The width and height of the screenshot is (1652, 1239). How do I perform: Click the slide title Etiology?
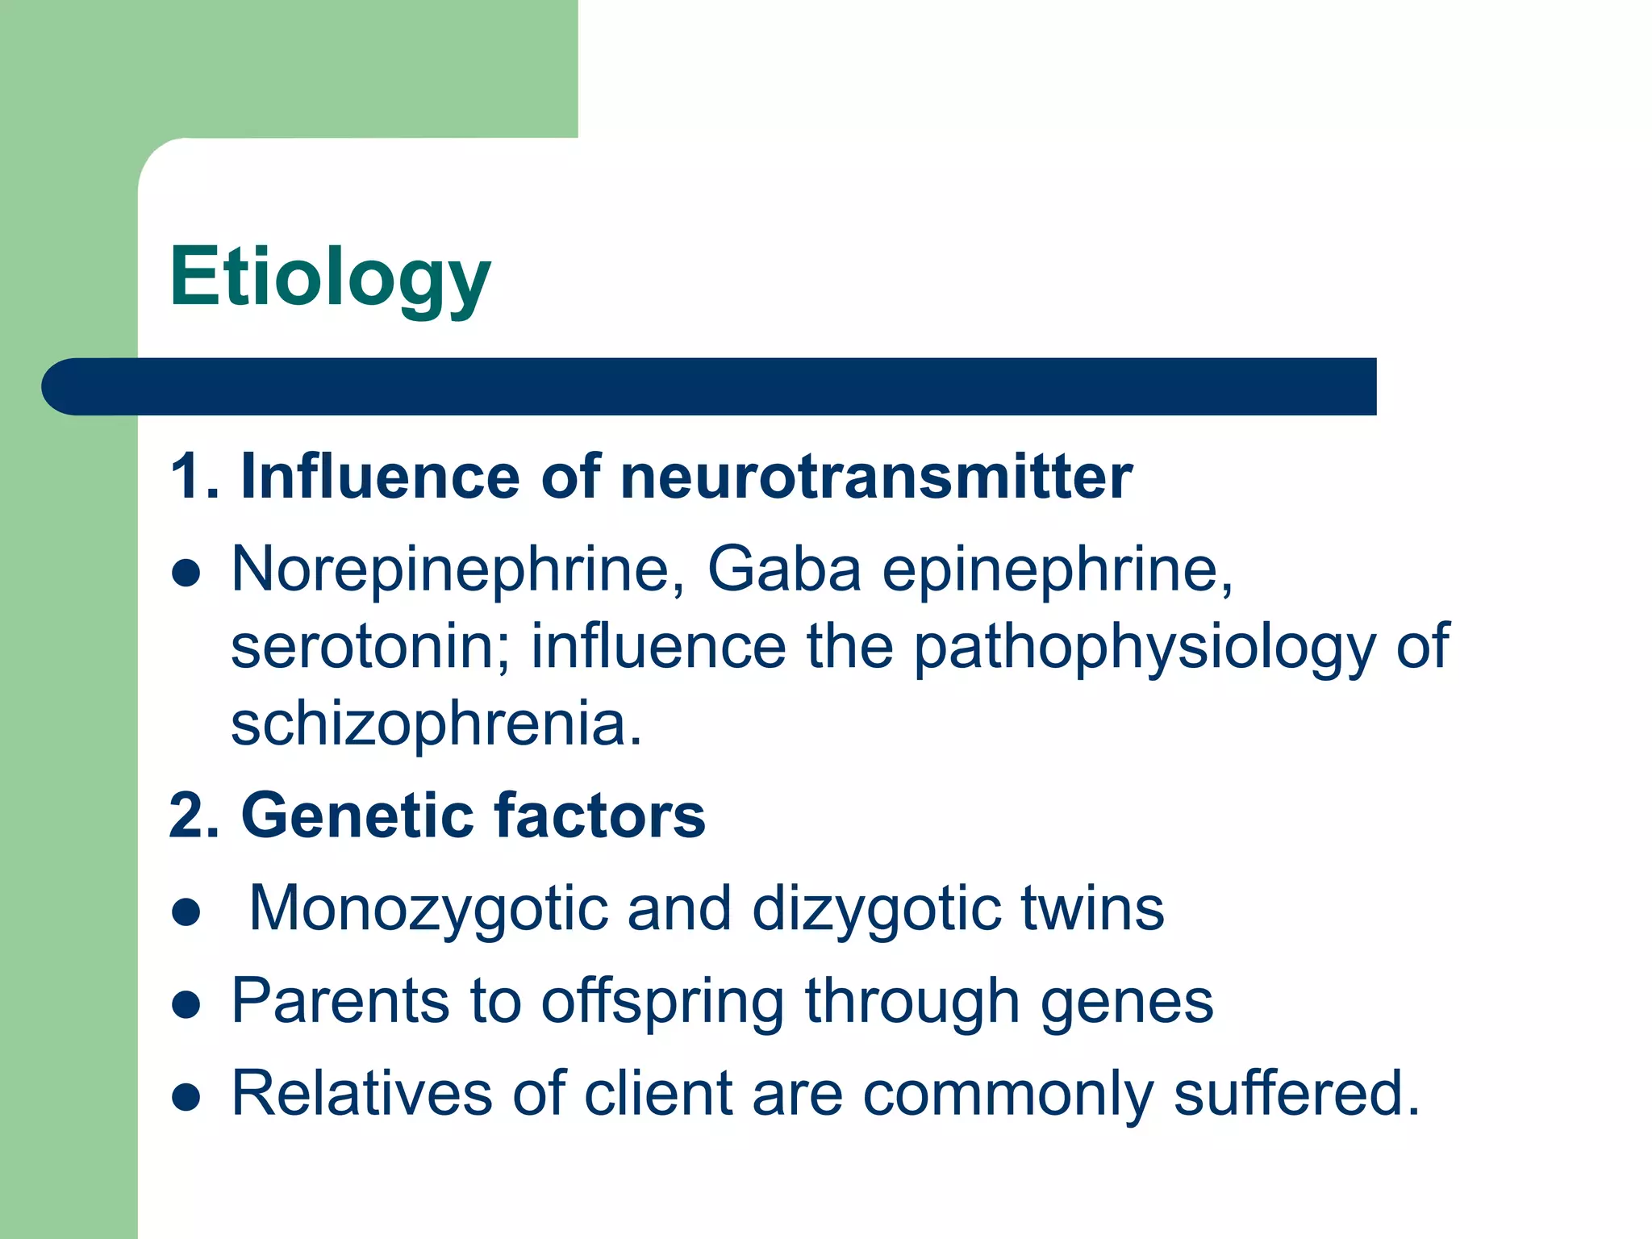[x=329, y=277]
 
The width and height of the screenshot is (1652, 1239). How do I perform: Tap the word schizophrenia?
[x=436, y=724]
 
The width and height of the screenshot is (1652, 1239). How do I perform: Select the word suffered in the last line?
[x=1295, y=1094]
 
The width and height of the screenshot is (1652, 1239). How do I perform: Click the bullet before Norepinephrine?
[x=186, y=574]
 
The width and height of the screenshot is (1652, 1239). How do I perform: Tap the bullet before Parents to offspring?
[x=186, y=1005]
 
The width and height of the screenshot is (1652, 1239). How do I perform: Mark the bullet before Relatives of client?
[x=186, y=1097]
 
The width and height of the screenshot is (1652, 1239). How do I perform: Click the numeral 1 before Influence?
[x=185, y=477]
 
